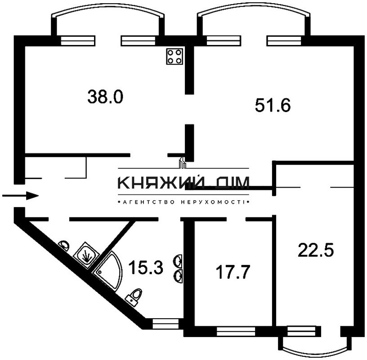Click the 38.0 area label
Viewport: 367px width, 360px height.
(x=105, y=96)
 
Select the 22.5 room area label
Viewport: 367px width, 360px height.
(x=316, y=250)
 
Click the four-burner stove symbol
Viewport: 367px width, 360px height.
(x=175, y=56)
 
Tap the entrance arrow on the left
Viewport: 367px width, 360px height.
(x=21, y=196)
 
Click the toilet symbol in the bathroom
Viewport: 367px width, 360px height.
(x=134, y=296)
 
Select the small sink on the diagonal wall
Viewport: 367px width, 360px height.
(x=65, y=245)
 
